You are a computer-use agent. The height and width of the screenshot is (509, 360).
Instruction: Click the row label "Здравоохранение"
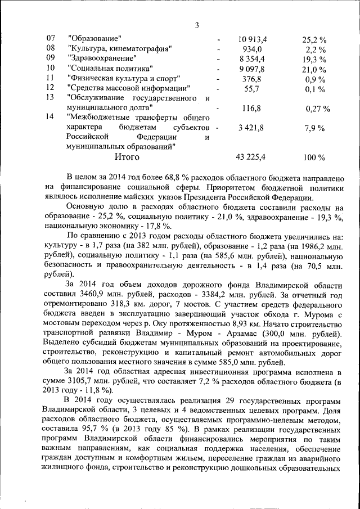pyautogui.click(x=102, y=58)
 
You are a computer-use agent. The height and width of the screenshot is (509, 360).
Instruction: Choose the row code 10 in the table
pyautogui.click(x=51, y=68)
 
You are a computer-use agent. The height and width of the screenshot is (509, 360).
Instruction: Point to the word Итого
pyautogui.click(x=127, y=157)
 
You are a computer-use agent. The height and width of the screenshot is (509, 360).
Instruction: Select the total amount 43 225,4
pyautogui.click(x=252, y=157)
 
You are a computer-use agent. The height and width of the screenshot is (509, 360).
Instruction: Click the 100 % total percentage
pyautogui.click(x=314, y=157)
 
